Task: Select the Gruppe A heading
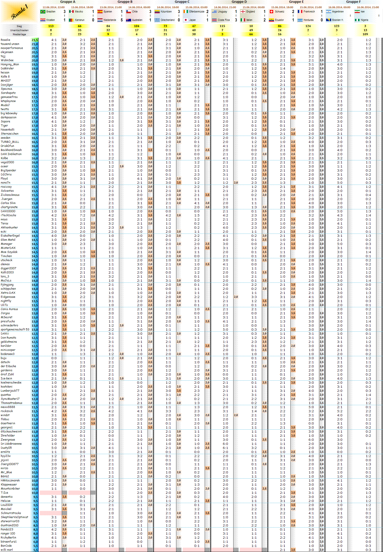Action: tap(68, 2)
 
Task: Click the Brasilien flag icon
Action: tap(43, 12)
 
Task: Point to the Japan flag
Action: tap(186, 20)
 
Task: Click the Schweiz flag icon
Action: tap(271, 12)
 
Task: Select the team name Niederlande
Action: tap(110, 20)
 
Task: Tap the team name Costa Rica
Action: tap(224, 20)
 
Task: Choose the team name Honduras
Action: tap(308, 20)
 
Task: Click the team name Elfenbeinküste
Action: tap(196, 12)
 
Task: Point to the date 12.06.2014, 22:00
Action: tap(54, 7)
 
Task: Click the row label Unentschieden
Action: tap(19, 30)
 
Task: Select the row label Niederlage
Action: tap(19, 34)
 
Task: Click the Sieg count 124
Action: tap(308, 26)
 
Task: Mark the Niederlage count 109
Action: tap(365, 34)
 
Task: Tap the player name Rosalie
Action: tap(6, 40)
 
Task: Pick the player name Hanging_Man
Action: tap(10, 64)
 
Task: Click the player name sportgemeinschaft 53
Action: tap(15, 329)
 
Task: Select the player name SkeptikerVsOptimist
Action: tap(15, 517)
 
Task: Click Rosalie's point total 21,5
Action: tap(35, 40)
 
